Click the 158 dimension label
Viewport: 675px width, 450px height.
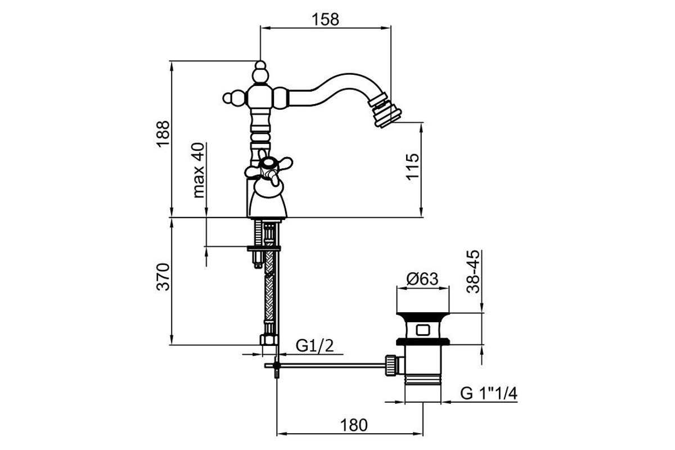325,20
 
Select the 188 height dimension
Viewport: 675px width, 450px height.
163,134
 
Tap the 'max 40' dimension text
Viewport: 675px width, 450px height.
198,170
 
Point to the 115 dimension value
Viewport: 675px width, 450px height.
412,167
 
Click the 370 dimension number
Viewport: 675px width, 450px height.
163,277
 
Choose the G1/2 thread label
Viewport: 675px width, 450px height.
315,346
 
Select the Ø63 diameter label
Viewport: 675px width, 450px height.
422,279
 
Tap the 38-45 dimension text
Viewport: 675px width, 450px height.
472,271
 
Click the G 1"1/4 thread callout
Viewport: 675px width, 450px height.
488,393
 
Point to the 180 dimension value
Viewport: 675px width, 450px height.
354,425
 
